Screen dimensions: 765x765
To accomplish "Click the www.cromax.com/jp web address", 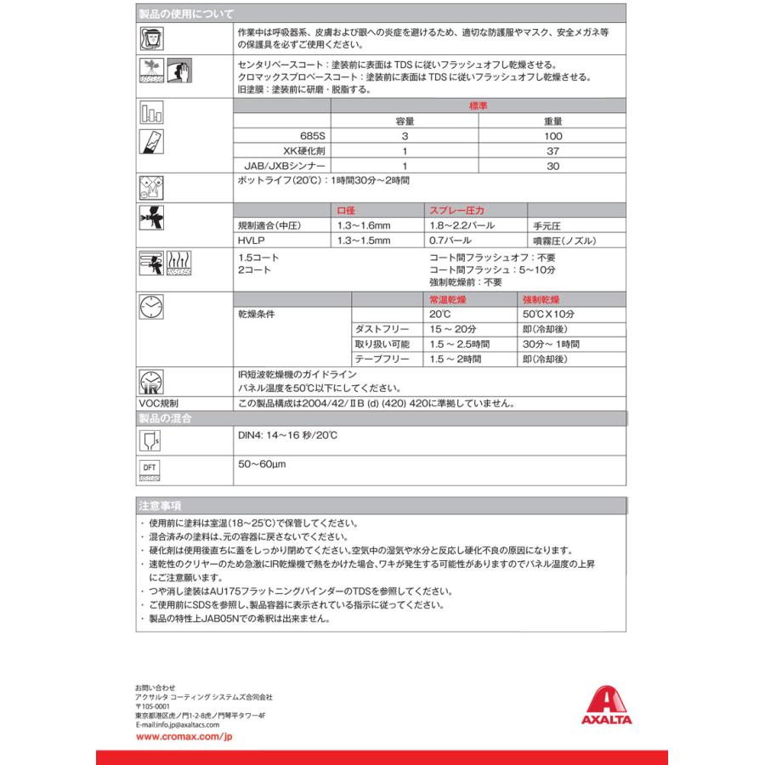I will click(x=184, y=737).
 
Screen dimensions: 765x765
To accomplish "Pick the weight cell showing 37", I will click(x=552, y=151).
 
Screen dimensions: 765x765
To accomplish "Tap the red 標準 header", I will click(x=479, y=106).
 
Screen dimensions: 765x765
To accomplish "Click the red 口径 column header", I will click(x=348, y=211).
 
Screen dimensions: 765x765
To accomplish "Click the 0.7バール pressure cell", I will click(x=450, y=241).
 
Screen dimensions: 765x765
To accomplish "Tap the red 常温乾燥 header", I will click(x=447, y=300).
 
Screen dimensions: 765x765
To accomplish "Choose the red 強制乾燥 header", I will click(x=541, y=300).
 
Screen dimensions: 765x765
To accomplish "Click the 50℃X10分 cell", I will click(x=550, y=314).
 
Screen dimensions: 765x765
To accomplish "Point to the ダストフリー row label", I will click(x=382, y=330).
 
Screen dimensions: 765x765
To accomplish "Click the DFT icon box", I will click(x=150, y=470).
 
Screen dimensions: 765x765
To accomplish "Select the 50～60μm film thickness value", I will click(x=262, y=465).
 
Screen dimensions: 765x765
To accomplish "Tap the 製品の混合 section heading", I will click(x=165, y=418).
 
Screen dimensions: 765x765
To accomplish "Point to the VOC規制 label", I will click(x=159, y=404).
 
